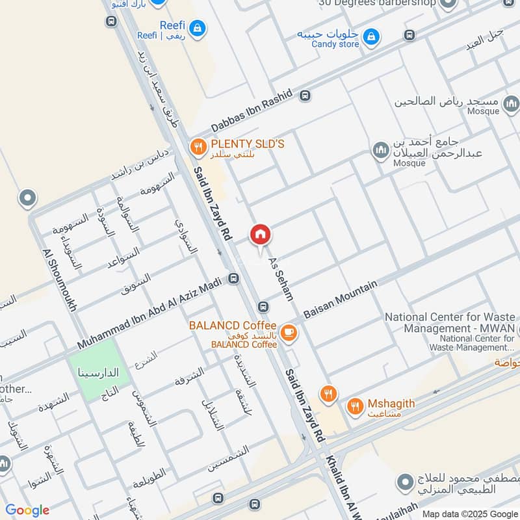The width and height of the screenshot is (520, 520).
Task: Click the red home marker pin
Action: [x=260, y=235]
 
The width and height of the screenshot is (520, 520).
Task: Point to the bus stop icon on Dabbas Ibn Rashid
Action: [x=304, y=96]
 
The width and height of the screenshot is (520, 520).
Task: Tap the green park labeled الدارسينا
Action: [x=96, y=369]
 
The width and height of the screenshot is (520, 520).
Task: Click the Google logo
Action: [x=27, y=510]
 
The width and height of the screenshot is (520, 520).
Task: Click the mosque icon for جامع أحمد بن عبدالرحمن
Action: [x=380, y=151]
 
